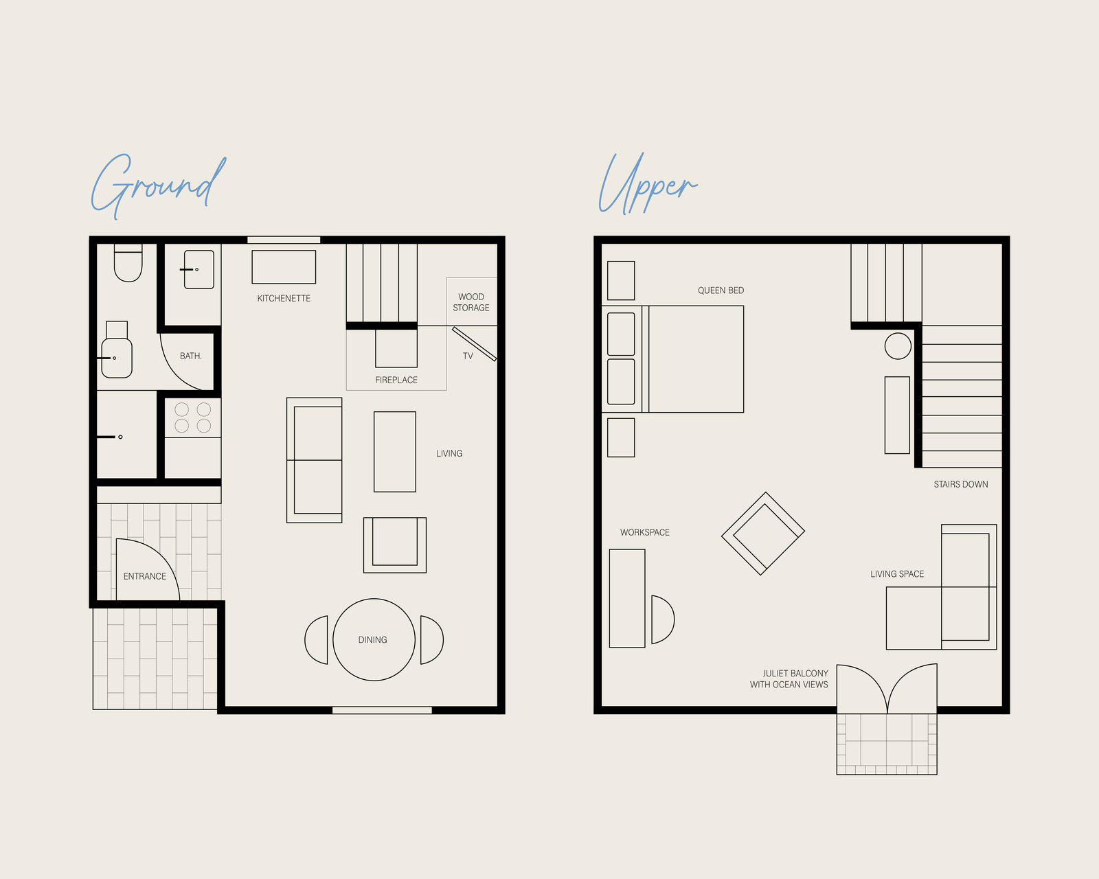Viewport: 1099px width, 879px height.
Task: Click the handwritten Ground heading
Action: coord(158,186)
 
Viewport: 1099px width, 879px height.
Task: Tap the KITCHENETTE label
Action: coord(284,298)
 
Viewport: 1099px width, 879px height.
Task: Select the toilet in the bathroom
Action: coord(128,262)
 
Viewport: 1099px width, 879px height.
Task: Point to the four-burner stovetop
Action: coord(192,418)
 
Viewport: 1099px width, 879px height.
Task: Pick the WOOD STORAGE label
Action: coord(471,302)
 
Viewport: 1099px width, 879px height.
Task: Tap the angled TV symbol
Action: coord(475,344)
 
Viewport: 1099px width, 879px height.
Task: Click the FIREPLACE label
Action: coord(396,380)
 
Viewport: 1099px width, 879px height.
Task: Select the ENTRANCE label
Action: coord(144,576)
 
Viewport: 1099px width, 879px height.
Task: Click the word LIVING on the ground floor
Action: coord(449,453)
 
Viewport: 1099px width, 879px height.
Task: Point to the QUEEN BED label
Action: coord(721,290)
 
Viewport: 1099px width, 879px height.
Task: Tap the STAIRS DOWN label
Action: coord(961,484)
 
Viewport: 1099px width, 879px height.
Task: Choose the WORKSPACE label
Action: coord(644,532)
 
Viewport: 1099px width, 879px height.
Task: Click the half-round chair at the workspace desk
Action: coord(674,619)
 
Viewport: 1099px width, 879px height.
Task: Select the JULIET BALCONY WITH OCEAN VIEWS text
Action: coord(789,678)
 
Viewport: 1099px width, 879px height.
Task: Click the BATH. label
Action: coord(190,356)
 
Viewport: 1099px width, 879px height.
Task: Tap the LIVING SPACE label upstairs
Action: coord(897,574)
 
